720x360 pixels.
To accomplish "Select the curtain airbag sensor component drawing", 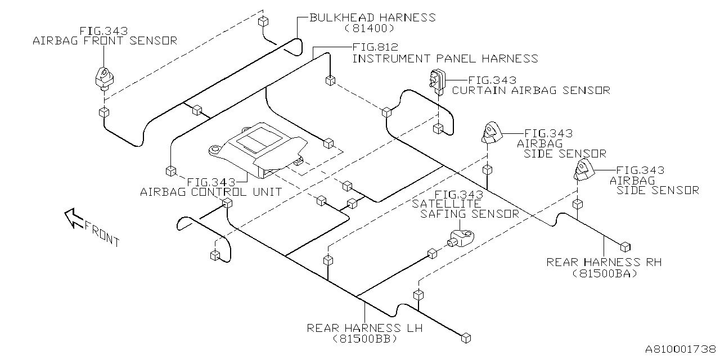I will coord(437,80).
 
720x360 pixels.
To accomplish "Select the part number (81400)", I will coord(368,28).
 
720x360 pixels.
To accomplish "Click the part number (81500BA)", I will coord(605,273).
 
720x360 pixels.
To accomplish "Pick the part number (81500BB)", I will coord(364,339).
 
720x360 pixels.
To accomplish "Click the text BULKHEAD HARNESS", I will coord(372,17).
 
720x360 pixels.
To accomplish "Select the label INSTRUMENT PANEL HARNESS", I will coord(445,58).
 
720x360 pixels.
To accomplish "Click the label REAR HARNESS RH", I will coord(604,262).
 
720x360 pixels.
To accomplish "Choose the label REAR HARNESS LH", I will coord(364,328).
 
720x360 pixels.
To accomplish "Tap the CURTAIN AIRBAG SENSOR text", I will coord(531,91).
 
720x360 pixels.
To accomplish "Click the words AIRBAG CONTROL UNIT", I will coord(211,192).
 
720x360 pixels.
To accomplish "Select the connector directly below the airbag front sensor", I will coord(103,112).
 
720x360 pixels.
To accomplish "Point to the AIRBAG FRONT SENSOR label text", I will coord(105,40).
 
